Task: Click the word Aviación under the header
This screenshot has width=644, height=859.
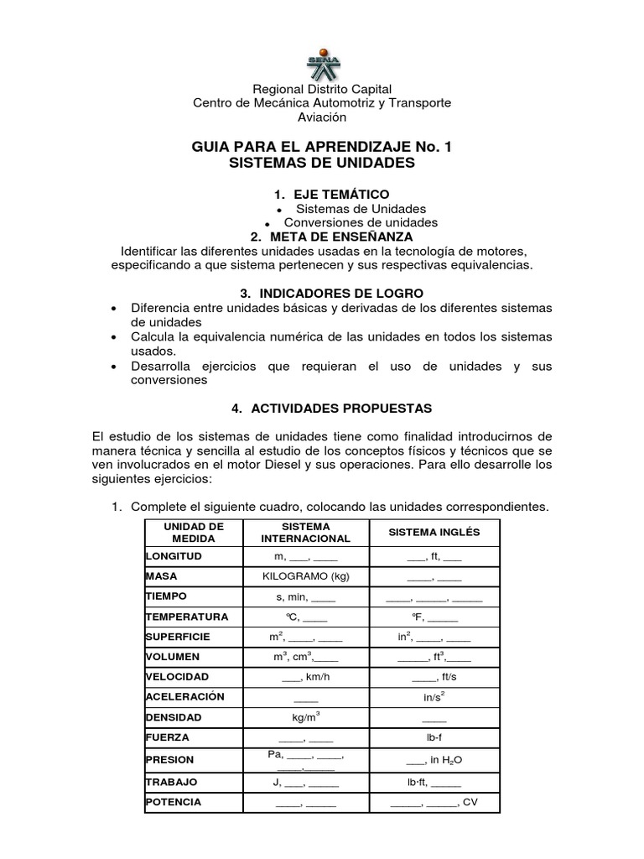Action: [x=322, y=117]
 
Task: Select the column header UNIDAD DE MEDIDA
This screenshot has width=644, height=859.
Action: [x=193, y=533]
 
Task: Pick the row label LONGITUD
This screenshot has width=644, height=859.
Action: [x=174, y=556]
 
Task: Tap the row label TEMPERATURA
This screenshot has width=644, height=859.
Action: [x=187, y=617]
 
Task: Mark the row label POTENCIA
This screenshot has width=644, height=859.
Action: [x=174, y=803]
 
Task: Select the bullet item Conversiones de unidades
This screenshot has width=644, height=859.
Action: [x=361, y=222]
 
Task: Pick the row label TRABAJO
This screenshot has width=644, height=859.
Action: [x=172, y=782]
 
